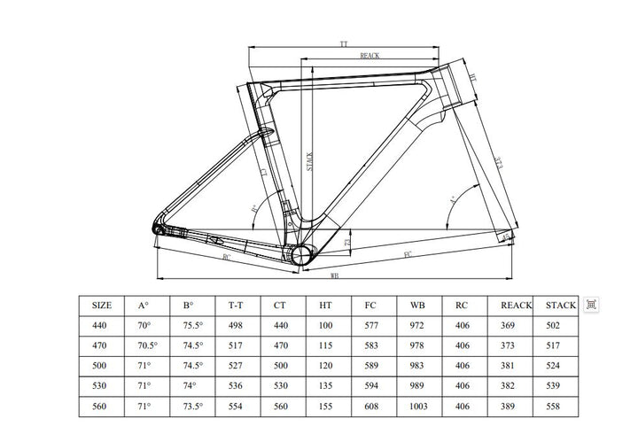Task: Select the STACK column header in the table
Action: pyautogui.click(x=560, y=306)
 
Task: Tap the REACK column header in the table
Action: pyautogui.click(x=516, y=306)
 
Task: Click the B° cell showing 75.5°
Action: pyautogui.click(x=194, y=326)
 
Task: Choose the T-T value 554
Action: pyautogui.click(x=236, y=407)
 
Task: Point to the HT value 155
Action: pyautogui.click(x=326, y=407)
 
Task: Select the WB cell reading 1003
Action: pyautogui.click(x=419, y=407)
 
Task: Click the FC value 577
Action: pyautogui.click(x=372, y=326)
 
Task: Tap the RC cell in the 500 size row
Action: pyautogui.click(x=463, y=366)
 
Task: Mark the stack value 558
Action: pyautogui.click(x=556, y=407)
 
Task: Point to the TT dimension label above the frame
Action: pyautogui.click(x=344, y=43)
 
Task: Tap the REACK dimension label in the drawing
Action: pyautogui.click(x=370, y=55)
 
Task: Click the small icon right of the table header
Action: pyautogui.click(x=592, y=305)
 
